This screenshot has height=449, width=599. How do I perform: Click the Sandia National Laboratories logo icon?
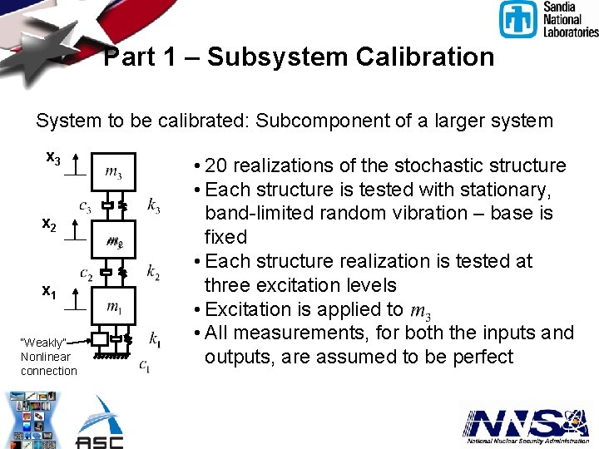[518, 19]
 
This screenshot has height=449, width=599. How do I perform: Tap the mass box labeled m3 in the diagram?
[113, 173]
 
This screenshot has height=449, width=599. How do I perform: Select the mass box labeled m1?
[113, 307]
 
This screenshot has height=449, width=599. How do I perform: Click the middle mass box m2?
[114, 242]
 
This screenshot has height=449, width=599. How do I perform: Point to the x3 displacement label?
[52, 158]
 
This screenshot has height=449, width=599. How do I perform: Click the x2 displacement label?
[50, 224]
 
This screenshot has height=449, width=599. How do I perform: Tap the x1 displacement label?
[50, 292]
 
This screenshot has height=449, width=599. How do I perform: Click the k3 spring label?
[154, 204]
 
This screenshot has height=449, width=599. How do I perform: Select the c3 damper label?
[85, 205]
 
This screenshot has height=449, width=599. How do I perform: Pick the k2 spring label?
[153, 271]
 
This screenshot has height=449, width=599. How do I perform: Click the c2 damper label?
[86, 272]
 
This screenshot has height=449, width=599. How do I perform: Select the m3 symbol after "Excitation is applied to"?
[421, 310]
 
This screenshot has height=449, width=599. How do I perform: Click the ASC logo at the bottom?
[99, 424]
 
